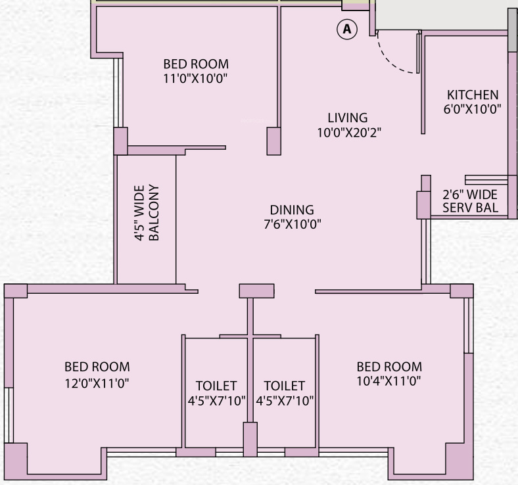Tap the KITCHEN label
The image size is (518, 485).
click(472, 95)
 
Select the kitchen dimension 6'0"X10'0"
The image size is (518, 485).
click(472, 110)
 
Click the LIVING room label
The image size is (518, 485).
click(348, 118)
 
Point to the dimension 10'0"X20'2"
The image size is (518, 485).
click(348, 132)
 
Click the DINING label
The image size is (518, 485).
click(292, 210)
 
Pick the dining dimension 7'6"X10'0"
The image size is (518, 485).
click(292, 224)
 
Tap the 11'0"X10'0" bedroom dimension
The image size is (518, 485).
click(196, 79)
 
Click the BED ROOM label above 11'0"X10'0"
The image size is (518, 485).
click(196, 64)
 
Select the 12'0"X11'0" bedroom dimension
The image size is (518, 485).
click(97, 381)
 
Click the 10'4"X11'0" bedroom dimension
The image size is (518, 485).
click(389, 381)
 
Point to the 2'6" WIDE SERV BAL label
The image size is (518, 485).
click(470, 202)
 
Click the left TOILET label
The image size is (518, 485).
click(216, 386)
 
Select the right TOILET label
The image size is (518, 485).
click(284, 386)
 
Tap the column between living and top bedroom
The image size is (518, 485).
click(273, 141)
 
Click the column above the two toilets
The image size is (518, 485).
click(256, 290)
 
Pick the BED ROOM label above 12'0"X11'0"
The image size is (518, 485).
click(97, 367)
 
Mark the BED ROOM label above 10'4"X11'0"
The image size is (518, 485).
click(389, 367)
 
